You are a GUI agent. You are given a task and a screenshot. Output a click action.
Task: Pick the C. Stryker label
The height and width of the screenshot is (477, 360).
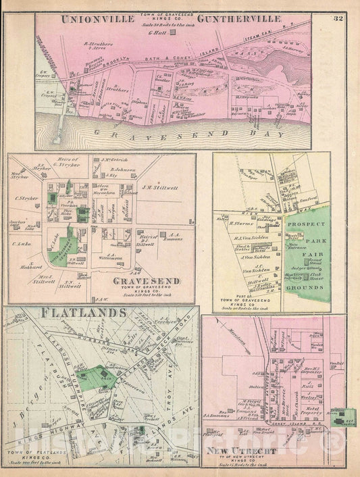[25, 199]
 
